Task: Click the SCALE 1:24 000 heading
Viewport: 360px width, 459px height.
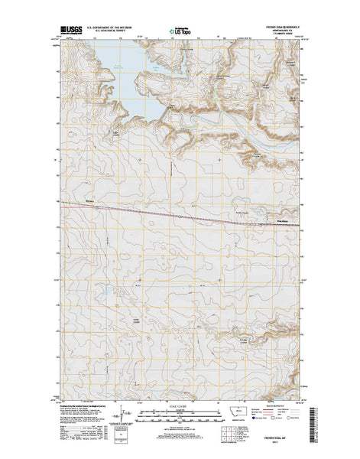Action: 180,406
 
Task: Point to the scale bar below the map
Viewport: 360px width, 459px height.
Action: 180,414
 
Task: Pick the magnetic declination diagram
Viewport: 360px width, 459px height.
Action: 116,420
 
